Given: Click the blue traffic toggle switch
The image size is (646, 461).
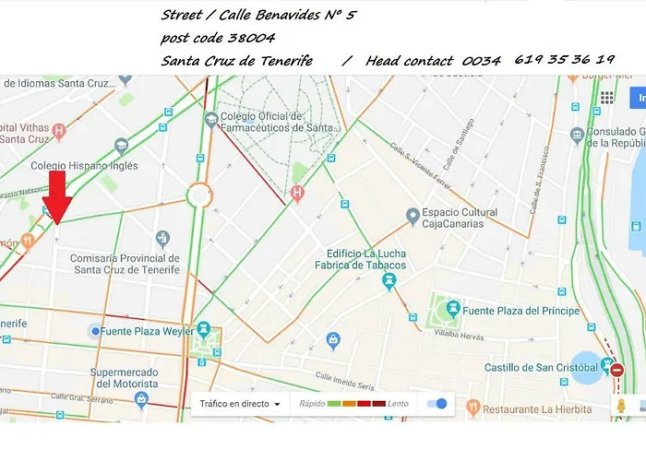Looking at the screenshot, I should pyautogui.click(x=438, y=404).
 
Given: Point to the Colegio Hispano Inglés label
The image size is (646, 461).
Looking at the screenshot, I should pyautogui.click(x=84, y=166).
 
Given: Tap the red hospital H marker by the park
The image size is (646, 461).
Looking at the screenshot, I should pyautogui.click(x=296, y=193).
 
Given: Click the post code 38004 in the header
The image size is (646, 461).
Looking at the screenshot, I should pyautogui.click(x=218, y=37).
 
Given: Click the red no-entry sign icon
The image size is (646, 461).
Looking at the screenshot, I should pyautogui.click(x=616, y=371).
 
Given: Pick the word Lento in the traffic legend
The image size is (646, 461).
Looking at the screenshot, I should pyautogui.click(x=398, y=404).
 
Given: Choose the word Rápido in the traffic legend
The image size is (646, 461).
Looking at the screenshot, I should pyautogui.click(x=314, y=404).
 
